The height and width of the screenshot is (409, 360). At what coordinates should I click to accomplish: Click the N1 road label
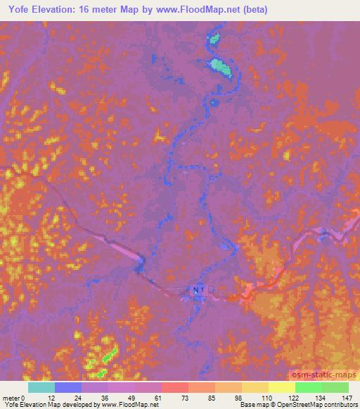tap(198, 290)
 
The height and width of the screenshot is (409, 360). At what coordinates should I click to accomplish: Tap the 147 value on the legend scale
tap(346, 398)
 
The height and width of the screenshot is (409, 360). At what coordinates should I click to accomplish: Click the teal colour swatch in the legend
tap(41, 387)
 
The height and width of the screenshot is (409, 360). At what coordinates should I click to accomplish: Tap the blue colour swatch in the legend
tap(68, 387)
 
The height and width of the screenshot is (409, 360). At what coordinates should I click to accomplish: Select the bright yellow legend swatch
tap(281, 387)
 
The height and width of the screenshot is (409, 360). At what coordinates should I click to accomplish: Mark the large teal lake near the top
tap(221, 67)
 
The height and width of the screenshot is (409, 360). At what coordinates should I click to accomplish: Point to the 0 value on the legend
tap(29, 398)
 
